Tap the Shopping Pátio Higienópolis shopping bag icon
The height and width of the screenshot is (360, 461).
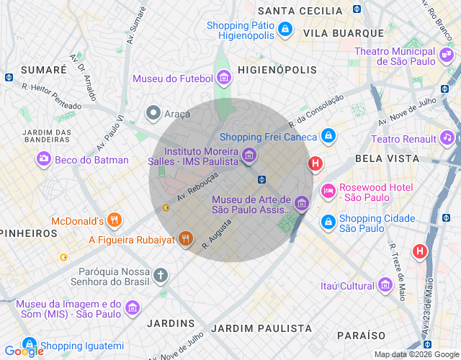(285, 29)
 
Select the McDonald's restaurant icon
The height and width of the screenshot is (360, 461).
(114, 220)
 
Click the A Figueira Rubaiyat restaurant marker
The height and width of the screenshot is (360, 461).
(186, 239)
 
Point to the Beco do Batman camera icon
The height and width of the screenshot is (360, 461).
(45, 159)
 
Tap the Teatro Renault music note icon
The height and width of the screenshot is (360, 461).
(447, 138)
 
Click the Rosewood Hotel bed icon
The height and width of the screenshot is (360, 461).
(328, 191)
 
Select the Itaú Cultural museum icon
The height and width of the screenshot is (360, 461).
(385, 287)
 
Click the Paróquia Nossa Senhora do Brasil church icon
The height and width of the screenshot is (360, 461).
(160, 275)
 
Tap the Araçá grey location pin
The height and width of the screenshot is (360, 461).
(153, 113)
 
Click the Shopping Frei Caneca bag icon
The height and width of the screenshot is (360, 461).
(328, 135)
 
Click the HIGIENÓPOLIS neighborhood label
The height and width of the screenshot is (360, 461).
(277, 70)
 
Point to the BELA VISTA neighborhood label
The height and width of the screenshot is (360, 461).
(387, 158)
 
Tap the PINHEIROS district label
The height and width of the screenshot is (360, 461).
(29, 233)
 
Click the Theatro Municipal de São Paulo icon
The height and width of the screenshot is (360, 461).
(447, 53)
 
